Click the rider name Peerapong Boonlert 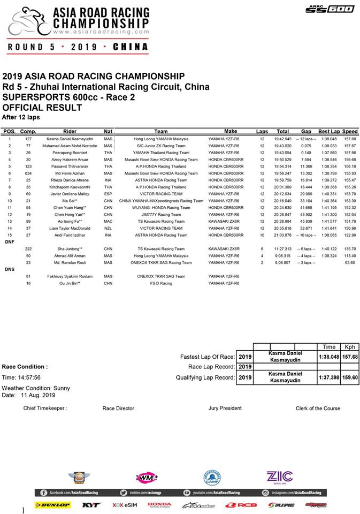70,152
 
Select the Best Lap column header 328,131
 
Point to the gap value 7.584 306,159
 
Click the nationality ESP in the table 108,194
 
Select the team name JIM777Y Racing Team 160,214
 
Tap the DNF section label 9,241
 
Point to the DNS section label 9,269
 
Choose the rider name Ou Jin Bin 70,283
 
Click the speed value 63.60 350,262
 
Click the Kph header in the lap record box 350,347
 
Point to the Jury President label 225,408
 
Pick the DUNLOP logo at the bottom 52,504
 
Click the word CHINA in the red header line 131,47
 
